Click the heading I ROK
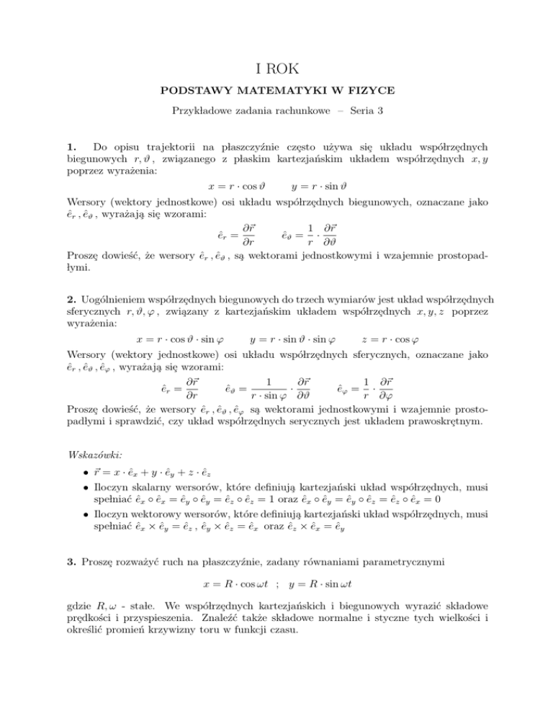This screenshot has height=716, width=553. point(276,70)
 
